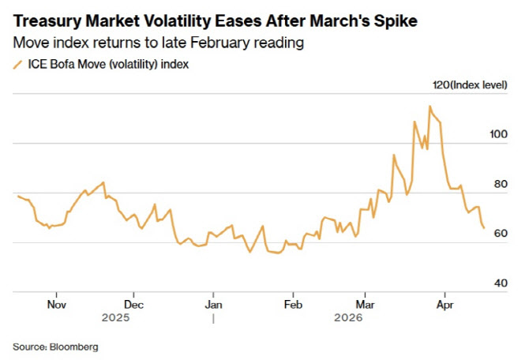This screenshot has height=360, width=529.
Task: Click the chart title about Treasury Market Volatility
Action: [x=216, y=21]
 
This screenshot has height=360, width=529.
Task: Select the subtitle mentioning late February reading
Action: [x=158, y=43]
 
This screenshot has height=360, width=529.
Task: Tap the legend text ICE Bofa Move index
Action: [x=108, y=64]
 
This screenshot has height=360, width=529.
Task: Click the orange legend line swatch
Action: [x=17, y=65]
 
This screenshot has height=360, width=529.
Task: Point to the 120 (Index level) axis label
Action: [x=470, y=84]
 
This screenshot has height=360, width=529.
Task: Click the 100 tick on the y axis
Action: [x=498, y=134]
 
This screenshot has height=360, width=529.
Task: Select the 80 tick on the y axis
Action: [x=501, y=184]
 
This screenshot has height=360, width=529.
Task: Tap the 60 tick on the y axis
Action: [x=501, y=233]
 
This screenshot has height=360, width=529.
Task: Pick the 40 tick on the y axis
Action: [x=501, y=283]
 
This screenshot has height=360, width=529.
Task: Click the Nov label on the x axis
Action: [x=56, y=305]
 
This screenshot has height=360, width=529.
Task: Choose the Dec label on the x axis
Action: [x=133, y=305]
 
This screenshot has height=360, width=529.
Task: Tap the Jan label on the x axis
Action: [x=213, y=305]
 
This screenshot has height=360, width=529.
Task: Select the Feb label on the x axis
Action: [x=293, y=305]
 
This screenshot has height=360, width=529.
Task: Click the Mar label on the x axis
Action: [x=365, y=305]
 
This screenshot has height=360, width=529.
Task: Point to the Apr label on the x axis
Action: [x=445, y=305]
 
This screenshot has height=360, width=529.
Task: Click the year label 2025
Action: [x=116, y=317]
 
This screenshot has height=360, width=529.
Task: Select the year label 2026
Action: [x=348, y=317]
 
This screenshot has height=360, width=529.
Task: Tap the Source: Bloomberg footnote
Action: [x=55, y=347]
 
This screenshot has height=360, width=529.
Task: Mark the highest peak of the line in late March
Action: [x=430, y=107]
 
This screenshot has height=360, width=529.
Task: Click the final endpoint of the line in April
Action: [x=484, y=228]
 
